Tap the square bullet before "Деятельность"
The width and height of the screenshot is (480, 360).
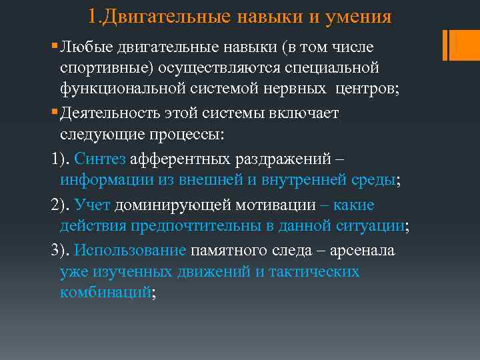pos(54,113)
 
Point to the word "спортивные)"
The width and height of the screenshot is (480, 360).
pos(101,68)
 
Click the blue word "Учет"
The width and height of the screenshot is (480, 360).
pos(93,205)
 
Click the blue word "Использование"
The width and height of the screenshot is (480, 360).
pos(130,251)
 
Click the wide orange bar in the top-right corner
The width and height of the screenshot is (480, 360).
pos(461,43)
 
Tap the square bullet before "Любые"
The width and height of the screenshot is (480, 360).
pos(54,47)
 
